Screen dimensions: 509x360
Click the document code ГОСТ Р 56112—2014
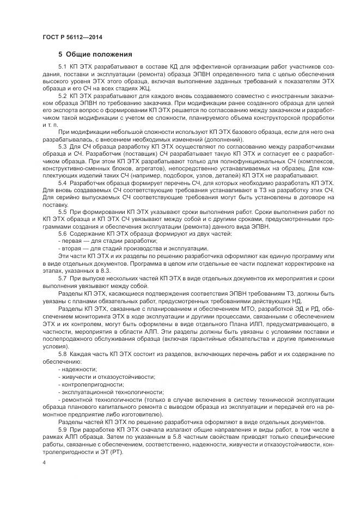pyautogui.click(x=72, y=36)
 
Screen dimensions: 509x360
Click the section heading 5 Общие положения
pyautogui.click(x=95, y=54)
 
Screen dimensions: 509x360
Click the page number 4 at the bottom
pyautogui.click(x=44, y=462)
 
